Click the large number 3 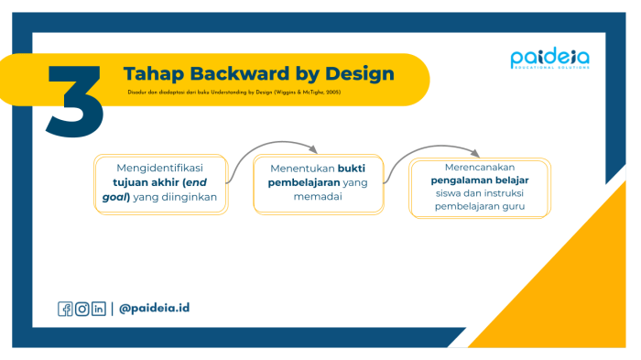coord(76,101)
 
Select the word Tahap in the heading coord(152,73)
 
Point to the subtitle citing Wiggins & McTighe coord(234,93)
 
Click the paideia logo coord(549,60)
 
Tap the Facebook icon coord(66,309)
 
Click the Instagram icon coord(82,309)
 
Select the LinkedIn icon coord(99,309)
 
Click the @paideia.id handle coord(154,308)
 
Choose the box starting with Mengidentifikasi coord(160,182)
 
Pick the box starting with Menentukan coord(317,183)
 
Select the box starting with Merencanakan coord(480,187)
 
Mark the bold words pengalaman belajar coord(480,180)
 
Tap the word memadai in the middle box coord(317,197)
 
